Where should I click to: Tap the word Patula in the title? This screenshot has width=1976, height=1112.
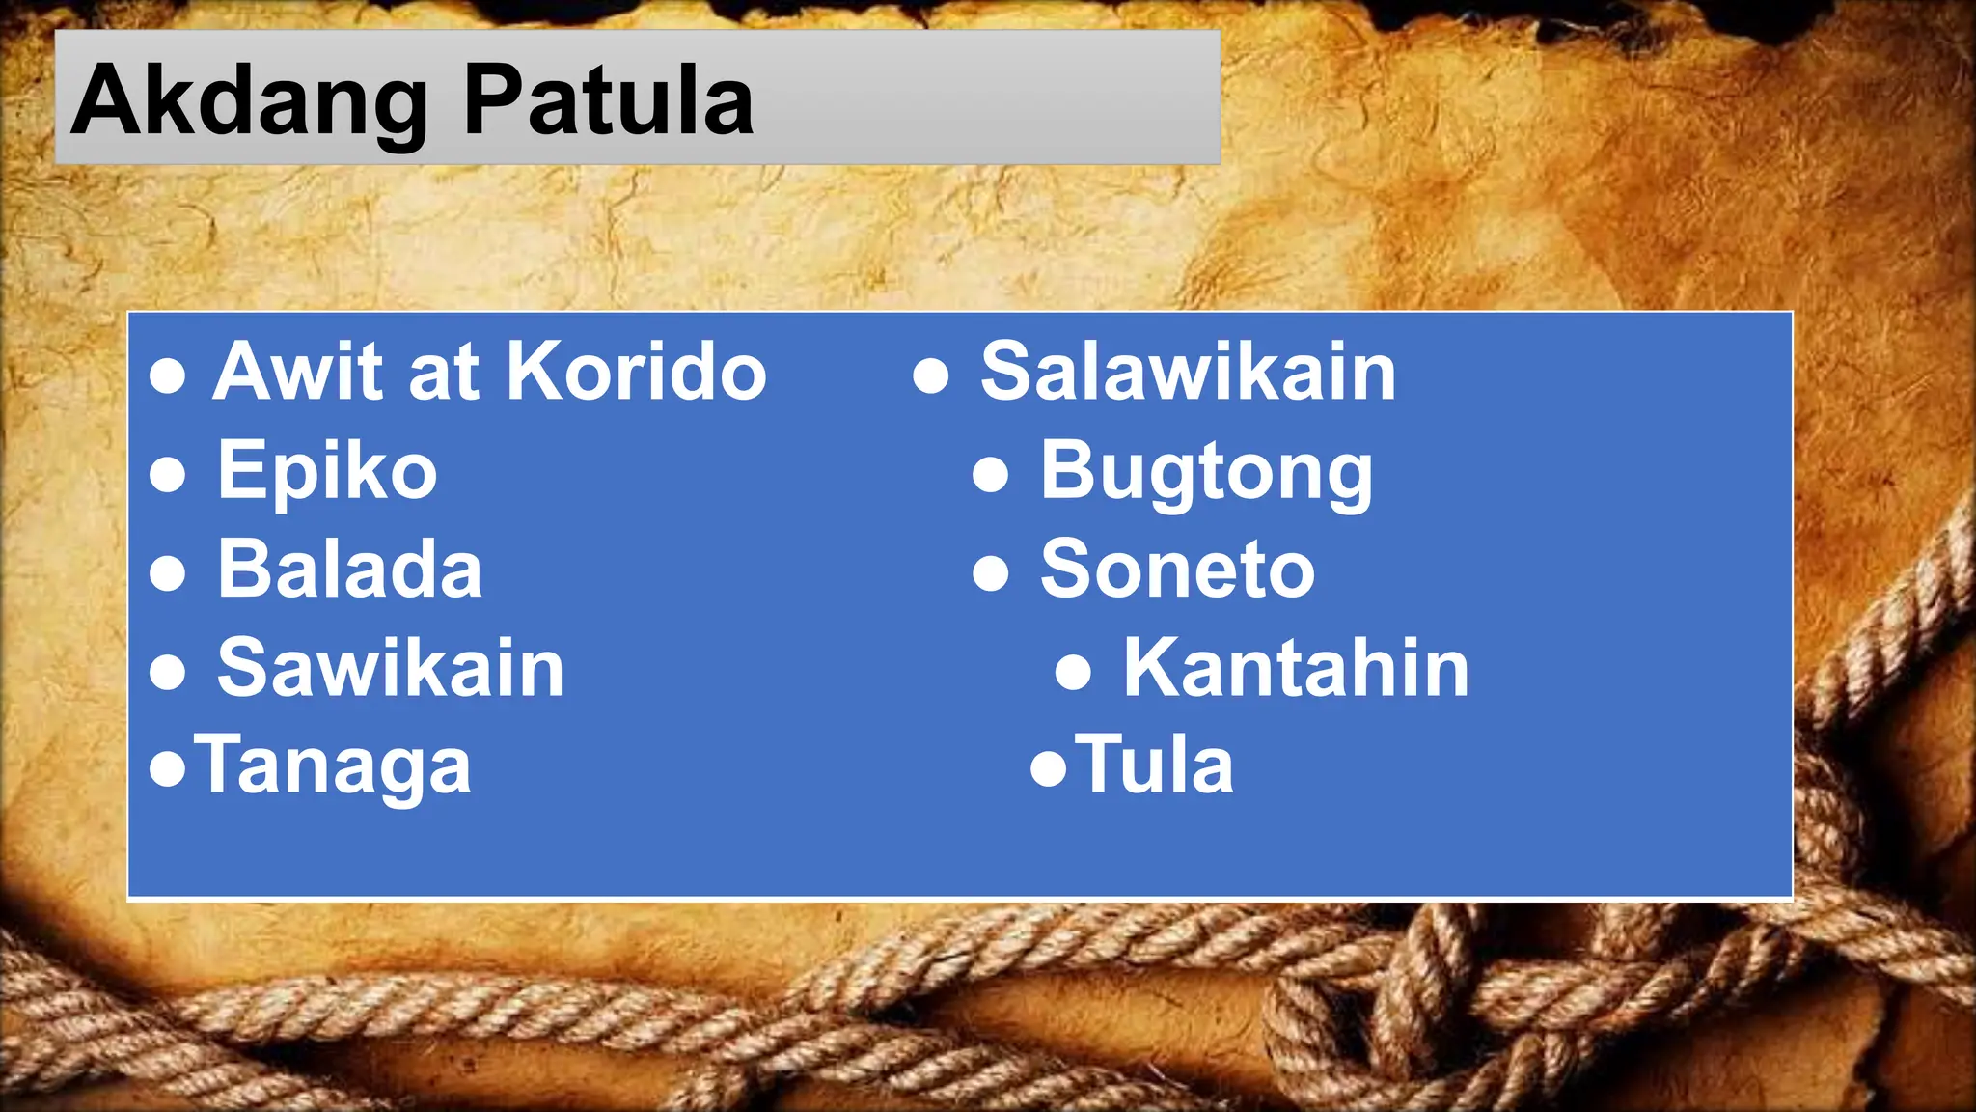608,99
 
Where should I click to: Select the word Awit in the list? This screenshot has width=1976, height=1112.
297,372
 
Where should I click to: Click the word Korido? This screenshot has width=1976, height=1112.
636,372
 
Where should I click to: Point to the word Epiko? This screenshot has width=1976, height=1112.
327,471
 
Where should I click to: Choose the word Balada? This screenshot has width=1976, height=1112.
349,570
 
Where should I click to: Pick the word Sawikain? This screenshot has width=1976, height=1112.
391,668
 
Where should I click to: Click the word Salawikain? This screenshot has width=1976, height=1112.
1188,372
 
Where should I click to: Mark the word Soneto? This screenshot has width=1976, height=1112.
1177,570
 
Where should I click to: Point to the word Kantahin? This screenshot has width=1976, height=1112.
1296,668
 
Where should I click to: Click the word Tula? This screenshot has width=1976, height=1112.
1155,766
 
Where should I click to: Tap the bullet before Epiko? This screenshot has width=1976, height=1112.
168,474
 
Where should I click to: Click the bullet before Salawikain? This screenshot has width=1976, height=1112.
931,375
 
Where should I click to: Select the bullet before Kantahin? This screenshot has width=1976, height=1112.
1073,671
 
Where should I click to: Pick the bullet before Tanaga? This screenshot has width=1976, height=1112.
168,769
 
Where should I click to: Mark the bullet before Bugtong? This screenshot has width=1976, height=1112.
991,474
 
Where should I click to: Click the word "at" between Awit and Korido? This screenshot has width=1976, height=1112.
443,372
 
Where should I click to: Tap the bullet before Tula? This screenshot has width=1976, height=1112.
1049,769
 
